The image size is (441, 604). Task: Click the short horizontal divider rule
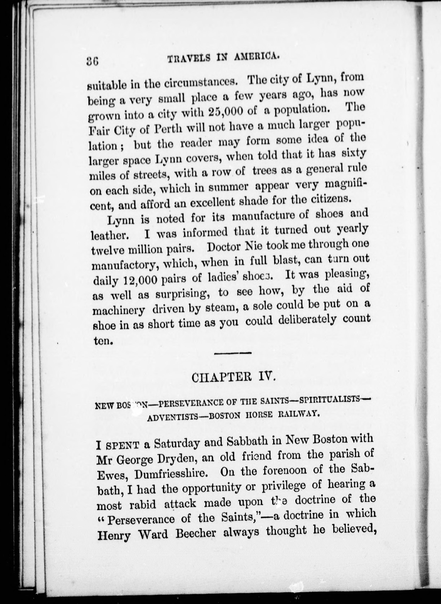pyautogui.click(x=233, y=353)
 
